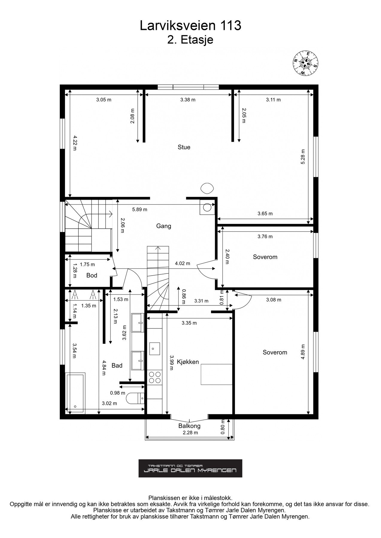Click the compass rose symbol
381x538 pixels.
click(x=305, y=63)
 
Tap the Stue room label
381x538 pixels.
click(x=184, y=147)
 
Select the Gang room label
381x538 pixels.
click(x=163, y=226)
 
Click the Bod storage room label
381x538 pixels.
click(x=92, y=275)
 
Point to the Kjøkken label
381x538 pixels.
click(x=188, y=362)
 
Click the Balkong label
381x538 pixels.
click(x=189, y=426)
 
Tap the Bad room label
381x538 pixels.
click(x=117, y=365)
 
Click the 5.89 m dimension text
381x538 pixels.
click(x=140, y=210)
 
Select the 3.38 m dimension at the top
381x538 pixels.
click(x=188, y=100)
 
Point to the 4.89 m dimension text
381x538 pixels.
click(x=303, y=352)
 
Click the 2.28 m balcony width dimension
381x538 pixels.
click(x=191, y=432)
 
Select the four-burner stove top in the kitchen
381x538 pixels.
click(x=154, y=377)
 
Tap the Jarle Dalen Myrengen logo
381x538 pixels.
click(x=190, y=468)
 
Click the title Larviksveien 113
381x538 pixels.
click(x=190, y=26)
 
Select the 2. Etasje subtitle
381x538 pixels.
click(x=190, y=40)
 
